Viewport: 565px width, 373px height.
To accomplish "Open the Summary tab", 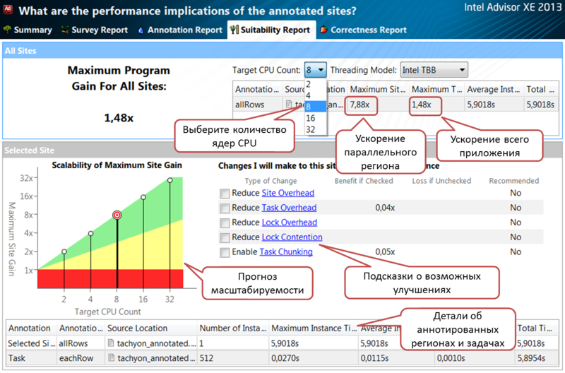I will click(x=28, y=30).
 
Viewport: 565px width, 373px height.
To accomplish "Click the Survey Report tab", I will click(x=95, y=30).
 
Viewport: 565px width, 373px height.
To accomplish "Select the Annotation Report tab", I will click(x=180, y=30).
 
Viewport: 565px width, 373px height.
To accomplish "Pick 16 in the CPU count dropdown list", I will click(x=310, y=118).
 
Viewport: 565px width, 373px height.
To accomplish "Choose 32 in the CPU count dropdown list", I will click(x=310, y=129).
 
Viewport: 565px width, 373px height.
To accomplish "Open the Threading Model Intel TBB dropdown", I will click(x=434, y=70).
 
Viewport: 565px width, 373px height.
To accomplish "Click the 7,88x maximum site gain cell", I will click(x=361, y=105).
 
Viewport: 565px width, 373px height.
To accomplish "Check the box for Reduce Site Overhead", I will click(x=225, y=194).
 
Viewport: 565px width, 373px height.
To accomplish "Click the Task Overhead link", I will click(x=289, y=208).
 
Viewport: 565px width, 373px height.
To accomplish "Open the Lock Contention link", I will click(x=292, y=237).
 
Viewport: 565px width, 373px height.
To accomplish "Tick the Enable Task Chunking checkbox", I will click(x=225, y=252).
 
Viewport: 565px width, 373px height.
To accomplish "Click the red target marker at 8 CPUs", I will click(x=117, y=215).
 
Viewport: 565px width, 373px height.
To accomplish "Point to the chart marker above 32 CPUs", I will click(x=170, y=180).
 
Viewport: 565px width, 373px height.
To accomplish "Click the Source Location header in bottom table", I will click(x=138, y=328).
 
